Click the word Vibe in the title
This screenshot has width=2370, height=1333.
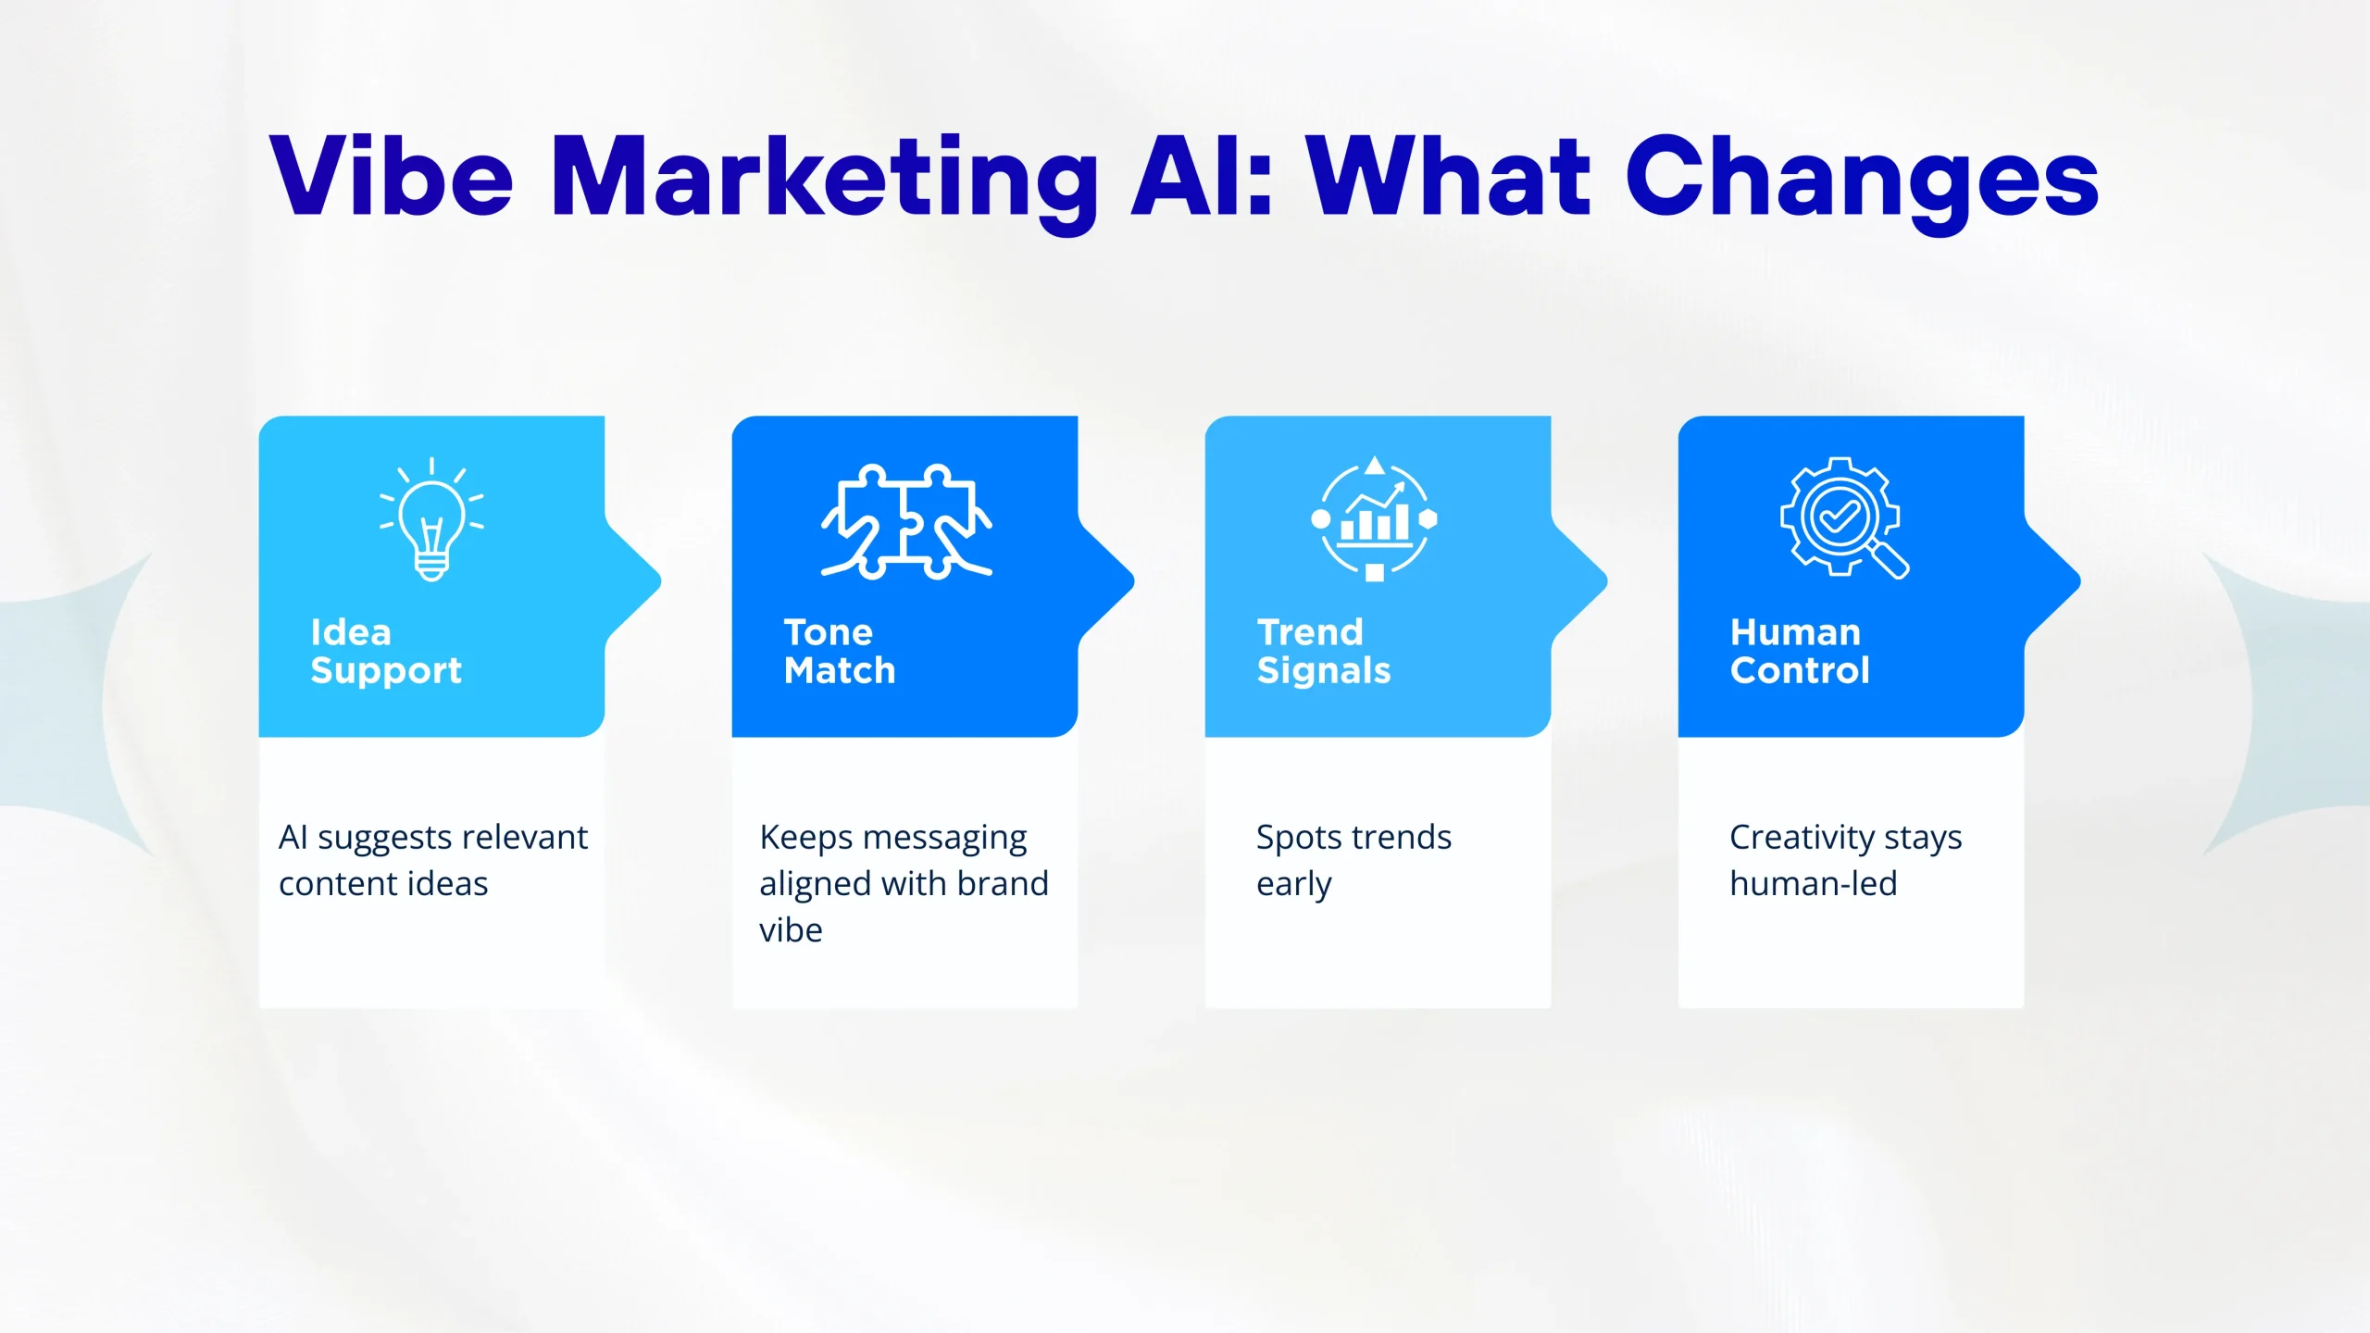392,176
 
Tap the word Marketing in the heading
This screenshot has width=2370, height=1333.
825,183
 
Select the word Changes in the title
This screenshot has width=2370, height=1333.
1862,183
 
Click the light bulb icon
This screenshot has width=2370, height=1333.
431,519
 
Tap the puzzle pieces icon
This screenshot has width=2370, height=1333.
906,521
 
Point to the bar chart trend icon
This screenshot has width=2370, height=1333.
1375,518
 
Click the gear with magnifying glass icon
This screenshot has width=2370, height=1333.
1844,517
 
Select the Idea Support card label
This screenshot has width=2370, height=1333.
386,652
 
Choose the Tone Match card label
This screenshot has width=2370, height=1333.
840,652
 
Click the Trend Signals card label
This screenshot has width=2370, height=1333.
1324,652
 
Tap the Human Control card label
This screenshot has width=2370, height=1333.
1800,652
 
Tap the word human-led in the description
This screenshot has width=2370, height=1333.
1814,883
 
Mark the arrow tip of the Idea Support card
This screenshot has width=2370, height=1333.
660,581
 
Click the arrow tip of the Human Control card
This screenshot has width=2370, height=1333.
2079,581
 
